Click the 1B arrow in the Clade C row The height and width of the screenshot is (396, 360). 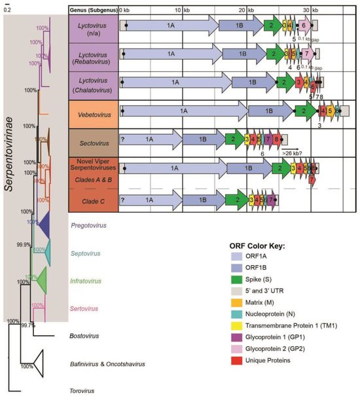point(202,199)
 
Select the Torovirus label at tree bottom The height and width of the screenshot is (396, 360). point(84,391)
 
